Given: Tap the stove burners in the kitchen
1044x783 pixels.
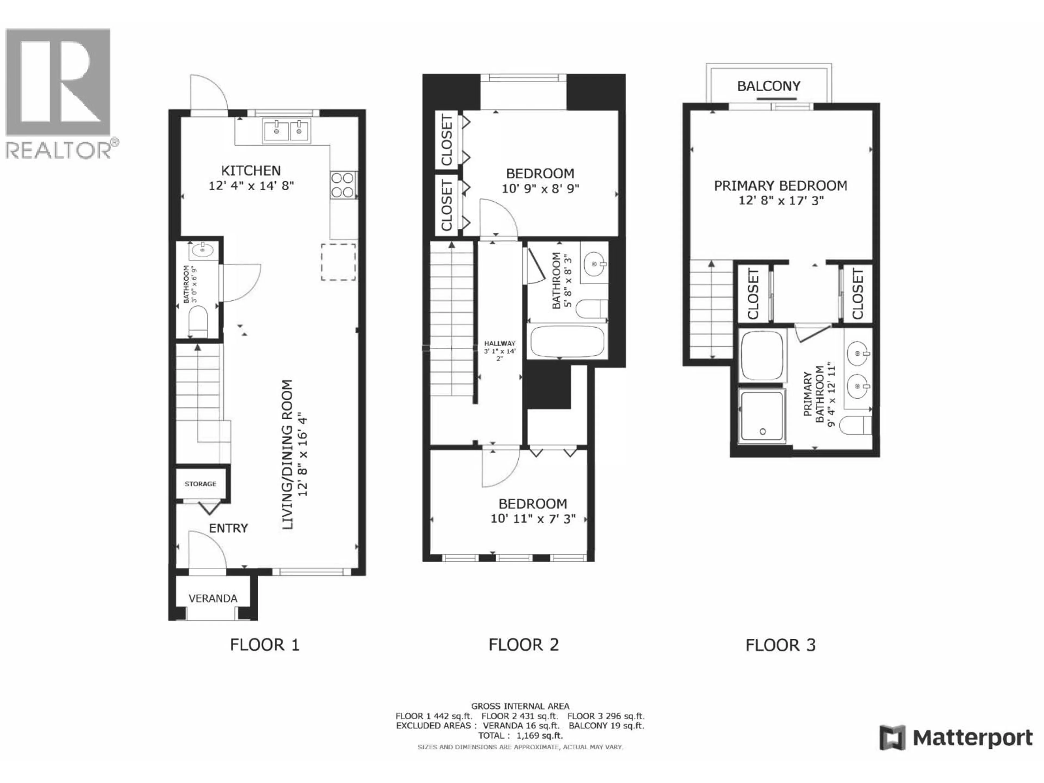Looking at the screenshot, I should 343,185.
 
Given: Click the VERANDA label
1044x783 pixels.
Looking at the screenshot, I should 213,598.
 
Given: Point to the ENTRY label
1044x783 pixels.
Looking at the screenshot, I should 228,528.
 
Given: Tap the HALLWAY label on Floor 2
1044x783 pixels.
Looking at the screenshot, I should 500,344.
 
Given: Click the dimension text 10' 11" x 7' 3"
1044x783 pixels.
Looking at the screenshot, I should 533,519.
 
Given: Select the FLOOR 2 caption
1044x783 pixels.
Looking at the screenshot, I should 523,645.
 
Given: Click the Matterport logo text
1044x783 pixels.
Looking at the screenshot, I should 972,738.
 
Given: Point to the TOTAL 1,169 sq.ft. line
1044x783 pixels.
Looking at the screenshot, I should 520,735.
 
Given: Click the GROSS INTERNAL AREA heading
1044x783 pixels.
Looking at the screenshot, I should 520,706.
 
